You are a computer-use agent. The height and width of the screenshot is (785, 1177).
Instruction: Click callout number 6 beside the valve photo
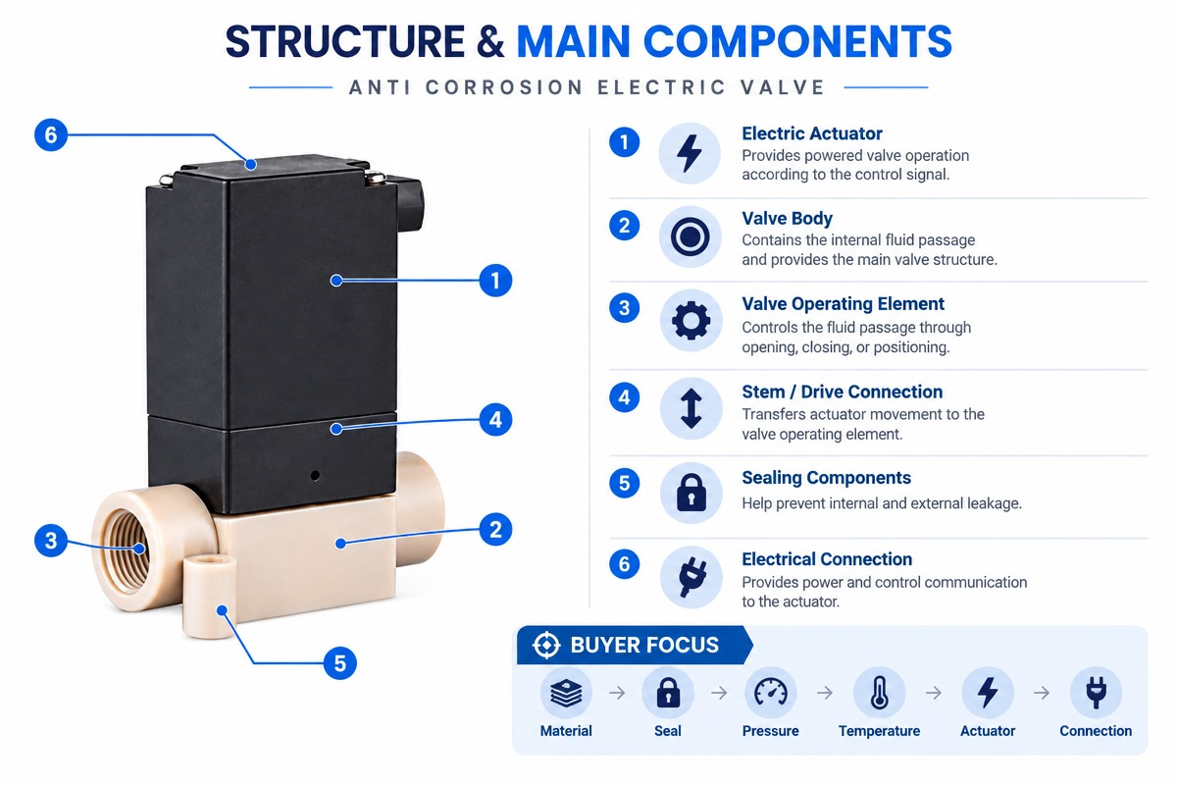click(x=50, y=135)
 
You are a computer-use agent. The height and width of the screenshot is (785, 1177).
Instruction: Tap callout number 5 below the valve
click(x=340, y=663)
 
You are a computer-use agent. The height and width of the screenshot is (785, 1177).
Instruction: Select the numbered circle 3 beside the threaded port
click(x=50, y=541)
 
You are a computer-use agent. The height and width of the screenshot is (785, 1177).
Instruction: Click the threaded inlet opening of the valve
click(x=127, y=548)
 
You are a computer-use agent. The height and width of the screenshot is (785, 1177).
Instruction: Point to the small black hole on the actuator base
click(x=315, y=475)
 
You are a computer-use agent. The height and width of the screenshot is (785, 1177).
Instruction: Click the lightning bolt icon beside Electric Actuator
click(x=689, y=153)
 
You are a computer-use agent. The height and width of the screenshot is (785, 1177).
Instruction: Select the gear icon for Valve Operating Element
click(x=691, y=320)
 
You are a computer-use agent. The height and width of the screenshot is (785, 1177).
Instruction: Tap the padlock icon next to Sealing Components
click(x=691, y=493)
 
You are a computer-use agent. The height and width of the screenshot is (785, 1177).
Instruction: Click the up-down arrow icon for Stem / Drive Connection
click(x=691, y=408)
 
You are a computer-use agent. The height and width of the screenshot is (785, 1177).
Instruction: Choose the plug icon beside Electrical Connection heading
click(x=692, y=577)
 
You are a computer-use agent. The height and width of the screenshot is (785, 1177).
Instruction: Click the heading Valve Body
click(x=787, y=218)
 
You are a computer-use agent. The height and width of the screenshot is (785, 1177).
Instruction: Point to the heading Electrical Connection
click(x=827, y=559)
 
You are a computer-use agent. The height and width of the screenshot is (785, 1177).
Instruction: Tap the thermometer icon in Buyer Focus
click(x=879, y=693)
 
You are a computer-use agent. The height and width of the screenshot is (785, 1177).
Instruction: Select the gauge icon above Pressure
click(x=770, y=692)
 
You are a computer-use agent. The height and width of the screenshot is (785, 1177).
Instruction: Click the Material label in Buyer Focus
click(x=565, y=731)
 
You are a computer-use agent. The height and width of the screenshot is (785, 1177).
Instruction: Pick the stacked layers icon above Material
click(x=566, y=693)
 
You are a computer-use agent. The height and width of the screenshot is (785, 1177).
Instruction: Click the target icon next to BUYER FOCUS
click(x=546, y=645)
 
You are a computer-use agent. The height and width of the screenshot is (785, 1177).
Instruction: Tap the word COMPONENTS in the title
click(x=797, y=41)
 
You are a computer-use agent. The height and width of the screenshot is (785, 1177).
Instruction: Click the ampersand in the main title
click(x=490, y=41)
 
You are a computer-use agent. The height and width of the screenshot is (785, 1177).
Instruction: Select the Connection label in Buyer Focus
click(x=1096, y=731)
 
